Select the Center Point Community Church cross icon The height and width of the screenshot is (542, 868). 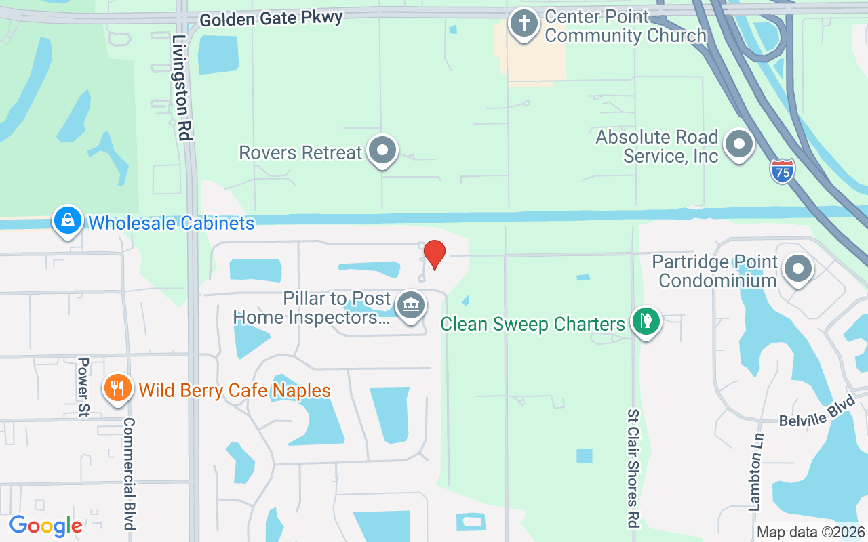tap(524, 24)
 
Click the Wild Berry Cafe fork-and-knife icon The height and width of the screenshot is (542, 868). tap(118, 388)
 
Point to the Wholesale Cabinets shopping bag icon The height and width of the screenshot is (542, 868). tap(68, 220)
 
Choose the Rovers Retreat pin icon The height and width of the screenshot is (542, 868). tap(382, 150)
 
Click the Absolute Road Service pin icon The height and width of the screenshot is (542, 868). tap(739, 144)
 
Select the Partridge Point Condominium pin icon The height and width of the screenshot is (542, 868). tap(798, 269)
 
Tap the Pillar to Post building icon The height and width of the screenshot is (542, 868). tap(410, 306)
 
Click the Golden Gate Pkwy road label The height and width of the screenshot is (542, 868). tap(271, 18)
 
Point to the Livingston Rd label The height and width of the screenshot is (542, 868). tap(180, 88)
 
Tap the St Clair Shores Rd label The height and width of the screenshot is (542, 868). tap(633, 467)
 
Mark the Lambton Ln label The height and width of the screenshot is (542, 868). tap(755, 472)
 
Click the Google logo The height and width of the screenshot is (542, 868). tap(45, 526)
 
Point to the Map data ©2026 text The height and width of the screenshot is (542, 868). tap(810, 533)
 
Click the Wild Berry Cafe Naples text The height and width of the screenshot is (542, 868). tap(235, 390)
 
